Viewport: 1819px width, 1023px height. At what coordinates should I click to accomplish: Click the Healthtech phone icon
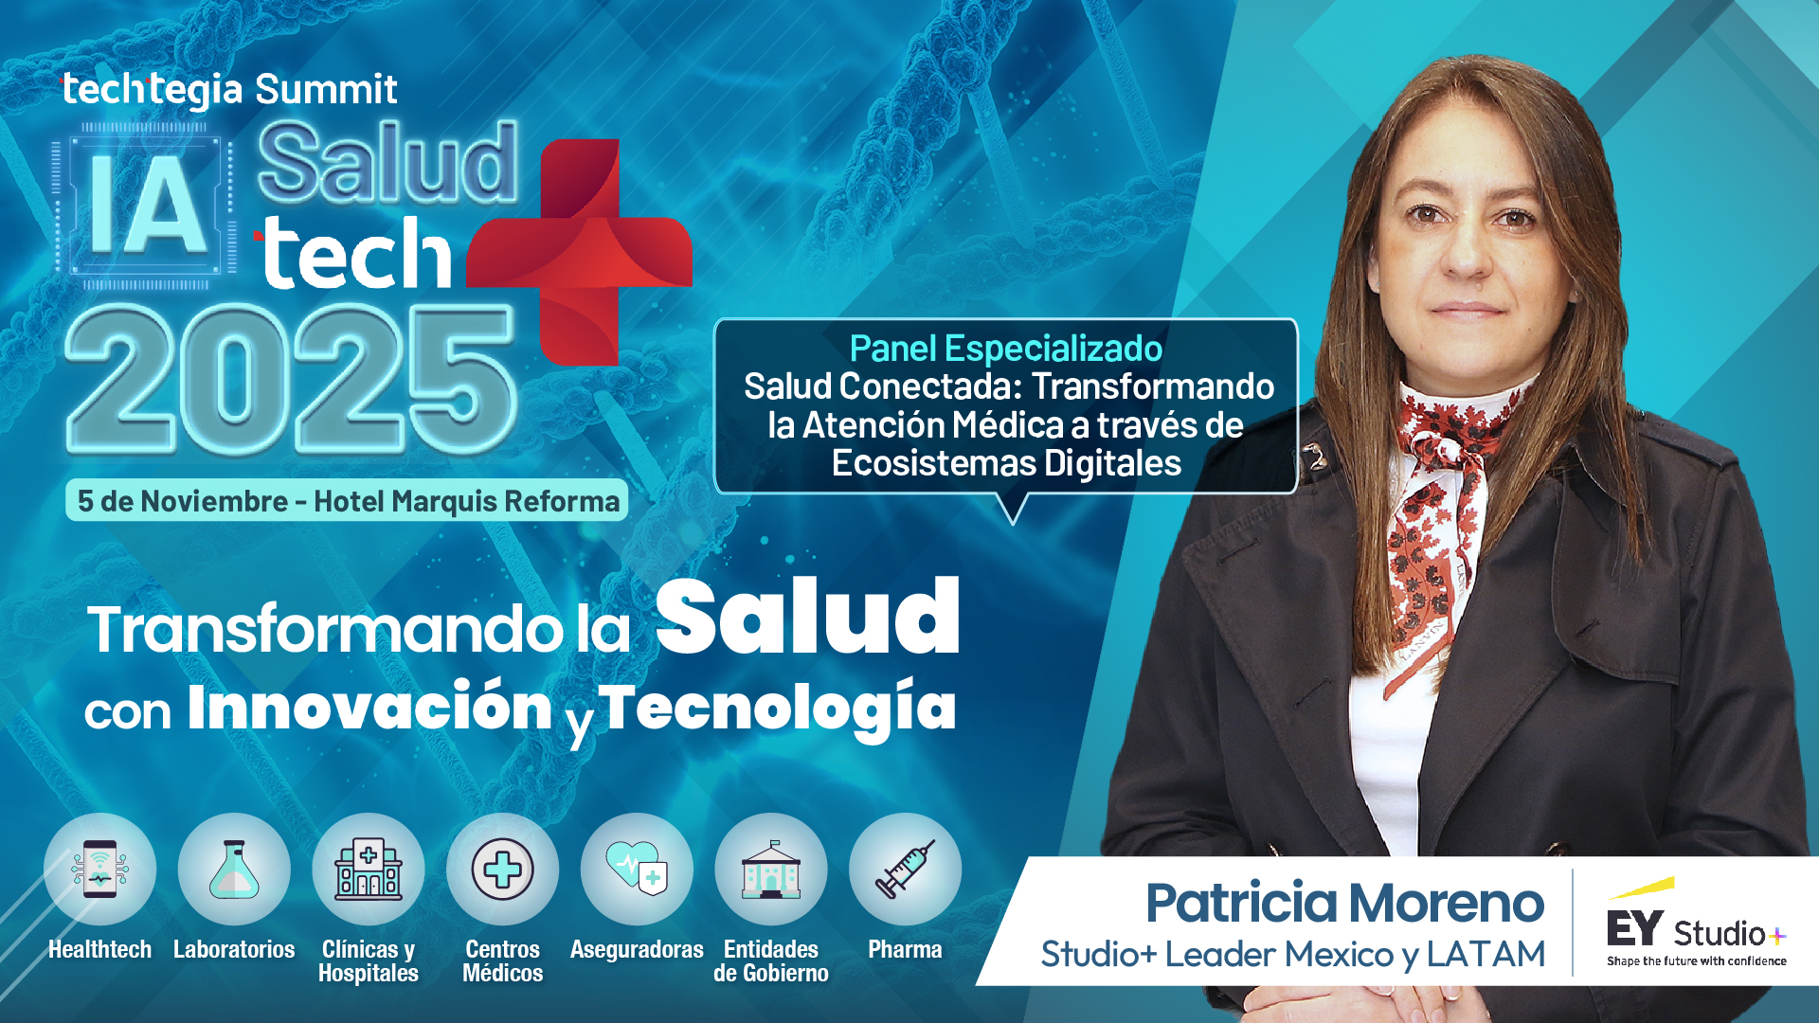click(x=99, y=869)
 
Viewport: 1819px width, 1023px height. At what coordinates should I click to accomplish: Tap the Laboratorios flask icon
click(x=234, y=869)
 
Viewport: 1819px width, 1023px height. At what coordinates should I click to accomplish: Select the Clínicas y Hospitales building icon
click(x=369, y=869)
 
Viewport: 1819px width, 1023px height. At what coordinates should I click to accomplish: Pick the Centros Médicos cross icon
click(x=502, y=869)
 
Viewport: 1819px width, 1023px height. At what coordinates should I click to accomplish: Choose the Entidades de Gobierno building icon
click(x=771, y=869)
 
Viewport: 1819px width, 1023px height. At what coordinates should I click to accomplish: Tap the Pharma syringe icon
click(x=905, y=869)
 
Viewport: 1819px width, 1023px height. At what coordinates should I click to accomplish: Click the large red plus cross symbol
click(x=580, y=252)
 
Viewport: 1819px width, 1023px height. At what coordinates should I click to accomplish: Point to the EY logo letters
click(x=1634, y=928)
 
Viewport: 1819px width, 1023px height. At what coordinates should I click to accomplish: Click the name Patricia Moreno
click(x=1345, y=903)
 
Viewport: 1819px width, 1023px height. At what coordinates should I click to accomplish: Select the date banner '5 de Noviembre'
click(x=347, y=500)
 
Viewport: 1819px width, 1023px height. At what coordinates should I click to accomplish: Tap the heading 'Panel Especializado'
click(x=1006, y=349)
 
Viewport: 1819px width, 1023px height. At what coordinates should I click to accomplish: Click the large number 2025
click(x=291, y=380)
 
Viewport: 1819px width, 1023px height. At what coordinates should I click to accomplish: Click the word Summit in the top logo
click(x=326, y=89)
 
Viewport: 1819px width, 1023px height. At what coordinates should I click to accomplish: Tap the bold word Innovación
click(x=369, y=707)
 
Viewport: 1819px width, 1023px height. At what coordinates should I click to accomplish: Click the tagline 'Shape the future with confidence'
click(x=1697, y=960)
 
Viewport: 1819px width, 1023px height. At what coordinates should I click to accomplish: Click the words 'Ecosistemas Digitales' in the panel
click(x=1006, y=463)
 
